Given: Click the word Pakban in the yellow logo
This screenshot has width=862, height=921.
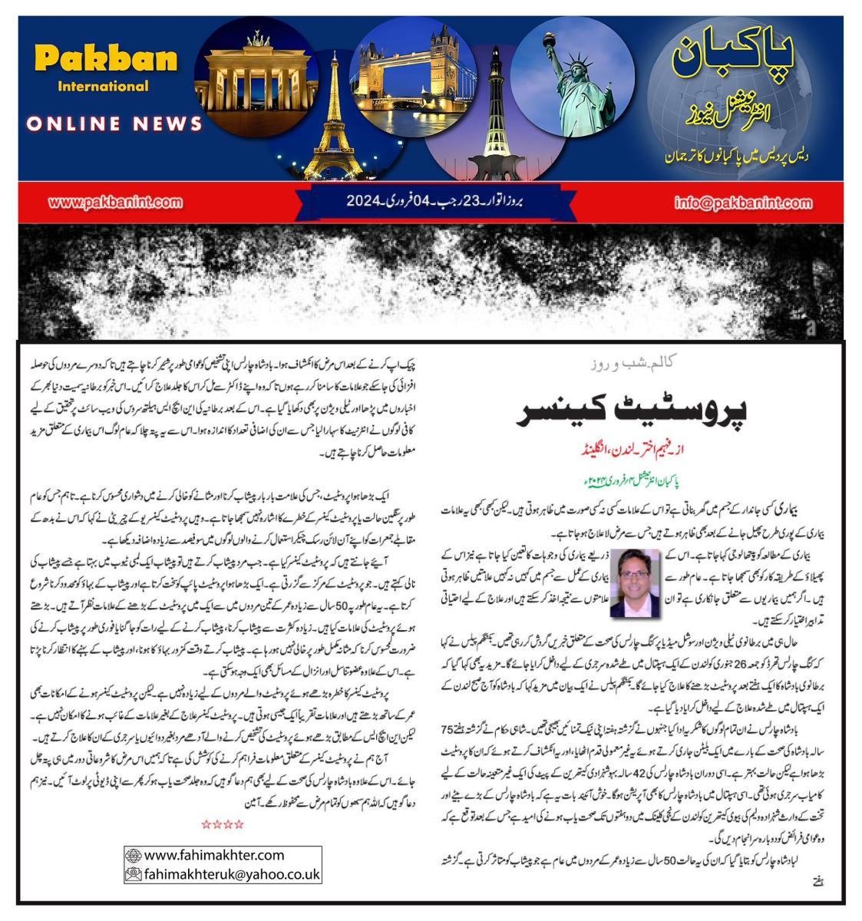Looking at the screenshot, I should click(x=106, y=60).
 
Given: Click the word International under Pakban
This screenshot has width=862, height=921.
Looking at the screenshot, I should click(x=103, y=86).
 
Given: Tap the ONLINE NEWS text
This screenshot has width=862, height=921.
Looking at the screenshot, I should click(x=114, y=124).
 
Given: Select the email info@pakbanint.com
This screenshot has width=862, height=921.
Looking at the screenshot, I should click(x=743, y=203).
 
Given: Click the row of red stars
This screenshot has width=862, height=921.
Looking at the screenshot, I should click(x=223, y=824).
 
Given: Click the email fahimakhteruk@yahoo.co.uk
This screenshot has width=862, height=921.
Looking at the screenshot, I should click(x=231, y=874).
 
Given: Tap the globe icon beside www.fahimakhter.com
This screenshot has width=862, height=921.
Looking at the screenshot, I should click(x=134, y=855).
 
